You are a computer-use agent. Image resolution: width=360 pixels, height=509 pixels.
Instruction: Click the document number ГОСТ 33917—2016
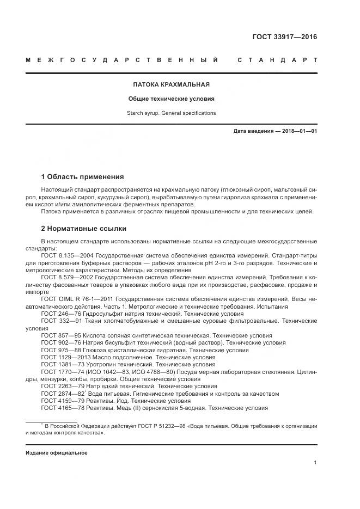click(284, 37)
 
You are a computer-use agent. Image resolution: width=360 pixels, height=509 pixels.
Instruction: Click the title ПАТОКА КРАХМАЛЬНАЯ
click(172, 84)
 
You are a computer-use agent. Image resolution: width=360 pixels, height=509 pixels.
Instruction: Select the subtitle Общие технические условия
click(172, 99)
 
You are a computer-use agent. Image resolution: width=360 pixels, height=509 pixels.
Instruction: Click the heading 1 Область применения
click(82, 177)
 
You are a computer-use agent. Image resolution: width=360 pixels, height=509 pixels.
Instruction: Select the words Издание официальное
click(57, 452)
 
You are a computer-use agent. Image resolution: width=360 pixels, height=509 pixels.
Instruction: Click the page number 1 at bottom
click(315, 462)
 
